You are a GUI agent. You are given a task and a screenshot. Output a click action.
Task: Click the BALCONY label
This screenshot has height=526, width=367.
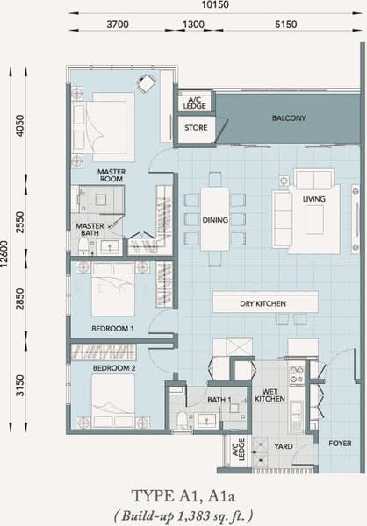point(289,118)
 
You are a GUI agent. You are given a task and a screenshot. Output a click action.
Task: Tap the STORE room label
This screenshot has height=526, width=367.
point(196,128)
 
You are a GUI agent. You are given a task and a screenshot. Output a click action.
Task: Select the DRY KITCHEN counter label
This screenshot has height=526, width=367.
point(263,303)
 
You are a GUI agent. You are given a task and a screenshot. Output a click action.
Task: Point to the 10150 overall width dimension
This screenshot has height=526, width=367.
point(215,4)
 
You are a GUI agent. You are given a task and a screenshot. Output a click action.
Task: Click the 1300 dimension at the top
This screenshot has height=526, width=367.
point(193,25)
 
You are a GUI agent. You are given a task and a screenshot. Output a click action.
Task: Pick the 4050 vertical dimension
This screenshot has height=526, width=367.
point(20,125)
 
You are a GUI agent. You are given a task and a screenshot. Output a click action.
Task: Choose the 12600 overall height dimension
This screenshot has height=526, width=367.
point(4,253)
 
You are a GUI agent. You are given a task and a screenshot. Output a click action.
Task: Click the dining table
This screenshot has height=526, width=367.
point(215,219)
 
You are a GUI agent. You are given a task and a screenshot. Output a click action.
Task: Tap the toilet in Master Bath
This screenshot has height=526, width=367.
point(83,246)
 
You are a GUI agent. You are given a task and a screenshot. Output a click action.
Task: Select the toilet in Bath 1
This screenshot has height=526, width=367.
point(182,420)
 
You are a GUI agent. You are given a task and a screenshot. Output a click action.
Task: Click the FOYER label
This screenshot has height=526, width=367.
point(340,443)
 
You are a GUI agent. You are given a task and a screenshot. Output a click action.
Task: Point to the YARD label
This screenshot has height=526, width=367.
point(284,446)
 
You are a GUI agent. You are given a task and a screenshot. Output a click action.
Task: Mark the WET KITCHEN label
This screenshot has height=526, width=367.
point(270,395)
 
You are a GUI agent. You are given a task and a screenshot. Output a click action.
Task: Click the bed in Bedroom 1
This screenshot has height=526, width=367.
point(113,289)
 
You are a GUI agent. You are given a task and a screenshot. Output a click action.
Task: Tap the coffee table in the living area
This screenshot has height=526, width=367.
point(314,220)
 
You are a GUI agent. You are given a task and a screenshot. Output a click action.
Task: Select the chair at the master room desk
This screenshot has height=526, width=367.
point(147,83)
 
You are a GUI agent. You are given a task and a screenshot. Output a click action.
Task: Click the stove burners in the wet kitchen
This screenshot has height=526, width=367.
point(297,375)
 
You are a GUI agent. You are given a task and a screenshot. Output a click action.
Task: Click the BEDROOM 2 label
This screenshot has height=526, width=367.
point(114,368)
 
